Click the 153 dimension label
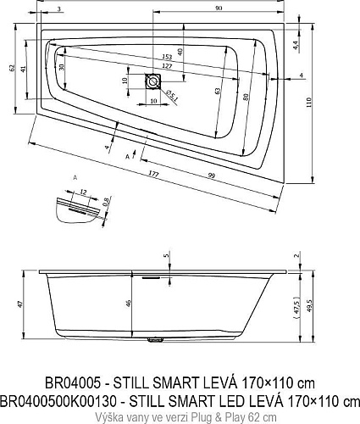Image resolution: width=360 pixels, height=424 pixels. tap(167, 58)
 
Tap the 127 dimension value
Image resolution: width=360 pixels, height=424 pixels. tap(167, 66)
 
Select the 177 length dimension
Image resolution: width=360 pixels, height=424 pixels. tap(153, 175)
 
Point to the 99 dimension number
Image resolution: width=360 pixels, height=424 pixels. tap(211, 176)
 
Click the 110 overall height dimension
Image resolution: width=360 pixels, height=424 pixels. tap(308, 103)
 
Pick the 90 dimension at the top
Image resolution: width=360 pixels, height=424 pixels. tap(219, 8)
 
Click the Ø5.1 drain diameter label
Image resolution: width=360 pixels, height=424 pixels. tap(171, 95)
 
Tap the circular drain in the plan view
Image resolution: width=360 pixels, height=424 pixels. tap(152, 81)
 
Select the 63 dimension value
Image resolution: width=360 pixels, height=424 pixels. tap(217, 92)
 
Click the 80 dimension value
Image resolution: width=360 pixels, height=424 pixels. tap(246, 98)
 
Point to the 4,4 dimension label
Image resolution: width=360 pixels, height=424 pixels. tap(295, 45)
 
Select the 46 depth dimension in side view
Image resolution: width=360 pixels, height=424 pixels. tap(128, 304)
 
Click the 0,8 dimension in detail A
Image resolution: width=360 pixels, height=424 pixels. tap(106, 202)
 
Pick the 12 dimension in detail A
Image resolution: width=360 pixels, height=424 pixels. tap(83, 192)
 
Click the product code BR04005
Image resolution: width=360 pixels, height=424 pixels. tap(73, 383)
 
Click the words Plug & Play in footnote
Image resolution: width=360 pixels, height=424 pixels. tap(217, 417)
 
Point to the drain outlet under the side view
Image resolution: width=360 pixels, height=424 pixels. tap(155, 340)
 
